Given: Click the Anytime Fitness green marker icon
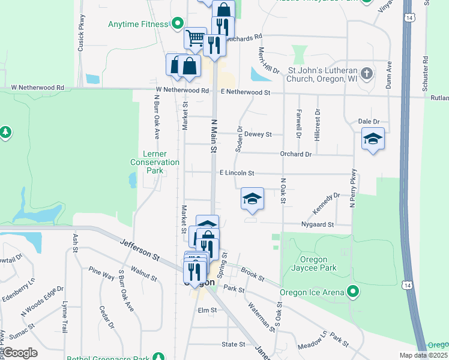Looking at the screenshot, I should [177, 24].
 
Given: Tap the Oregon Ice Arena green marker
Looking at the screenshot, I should [353, 292].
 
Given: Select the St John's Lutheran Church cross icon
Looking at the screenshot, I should [367, 74].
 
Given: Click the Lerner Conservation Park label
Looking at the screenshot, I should [155, 162].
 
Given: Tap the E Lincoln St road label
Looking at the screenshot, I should [237, 173].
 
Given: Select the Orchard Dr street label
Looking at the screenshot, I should [296, 154].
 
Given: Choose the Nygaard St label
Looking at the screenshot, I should [318, 224].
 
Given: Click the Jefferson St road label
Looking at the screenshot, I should [139, 250].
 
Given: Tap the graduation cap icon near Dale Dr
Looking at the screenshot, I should [373, 139].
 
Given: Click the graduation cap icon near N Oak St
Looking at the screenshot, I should [253, 199].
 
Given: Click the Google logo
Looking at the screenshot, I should [20, 353].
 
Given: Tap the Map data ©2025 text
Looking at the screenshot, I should [423, 355].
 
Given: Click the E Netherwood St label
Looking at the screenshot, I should [246, 92].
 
